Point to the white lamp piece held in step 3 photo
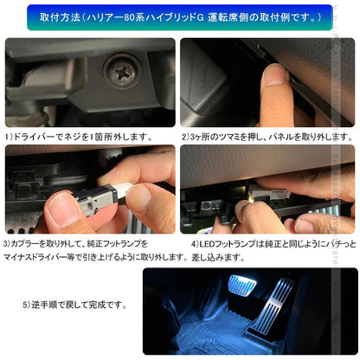point(117,183)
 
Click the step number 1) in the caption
point(9,137)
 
